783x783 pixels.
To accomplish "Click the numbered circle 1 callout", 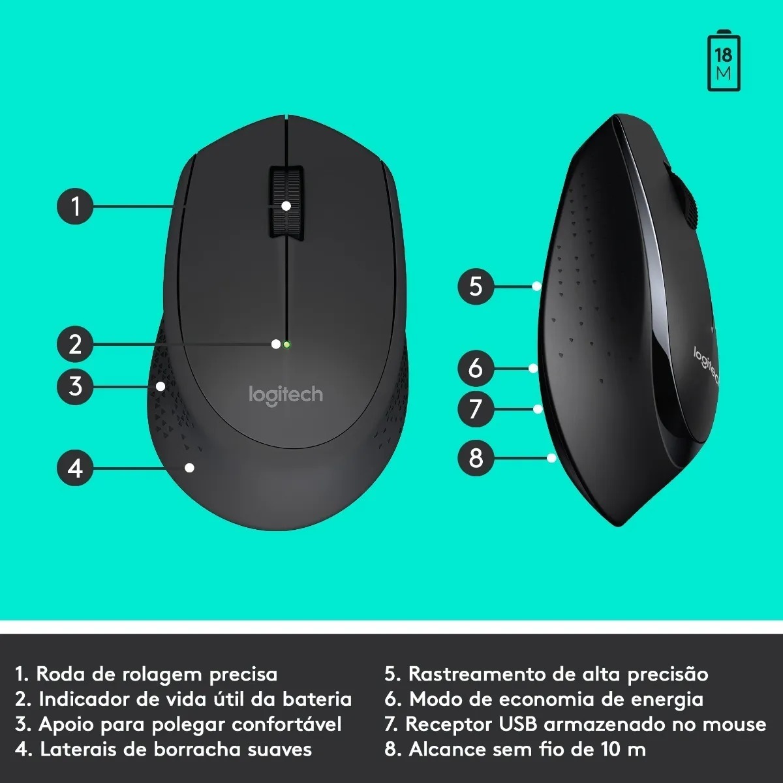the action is (75, 206).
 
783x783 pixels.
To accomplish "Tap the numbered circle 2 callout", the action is (75, 344).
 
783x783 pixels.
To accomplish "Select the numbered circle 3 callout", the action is (75, 386).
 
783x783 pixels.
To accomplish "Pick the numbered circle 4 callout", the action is (75, 468).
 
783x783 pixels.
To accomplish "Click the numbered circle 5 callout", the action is (476, 286).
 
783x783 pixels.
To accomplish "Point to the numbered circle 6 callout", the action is (476, 368).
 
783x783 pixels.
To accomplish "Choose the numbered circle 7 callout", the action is (476, 408).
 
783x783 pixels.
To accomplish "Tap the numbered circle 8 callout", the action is (476, 458).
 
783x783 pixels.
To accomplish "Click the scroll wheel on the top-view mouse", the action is (286, 201).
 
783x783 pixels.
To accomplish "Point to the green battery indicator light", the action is (287, 345).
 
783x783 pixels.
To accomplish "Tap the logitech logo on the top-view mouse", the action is (286, 395).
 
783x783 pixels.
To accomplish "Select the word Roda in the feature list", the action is (61, 673).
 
